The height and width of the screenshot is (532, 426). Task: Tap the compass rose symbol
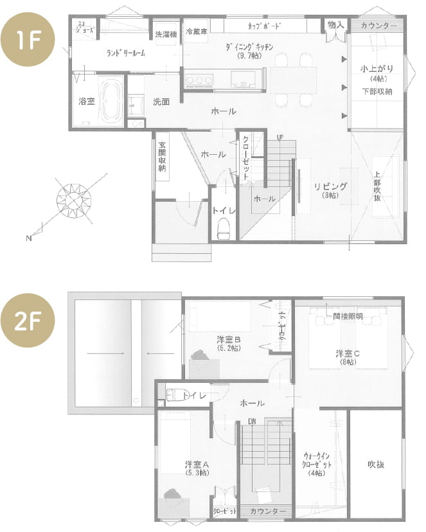pos(75,200)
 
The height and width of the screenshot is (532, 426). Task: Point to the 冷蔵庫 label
pos(195,31)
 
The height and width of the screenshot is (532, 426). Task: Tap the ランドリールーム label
pos(125,53)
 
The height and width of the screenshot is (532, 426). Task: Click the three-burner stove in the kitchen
pos(199,80)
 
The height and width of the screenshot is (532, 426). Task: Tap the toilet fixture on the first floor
pos(224,227)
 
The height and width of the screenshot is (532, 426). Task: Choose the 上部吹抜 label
pos(377,186)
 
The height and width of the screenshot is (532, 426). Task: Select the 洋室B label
pos(228,339)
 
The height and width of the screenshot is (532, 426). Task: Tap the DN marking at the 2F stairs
pos(253,422)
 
